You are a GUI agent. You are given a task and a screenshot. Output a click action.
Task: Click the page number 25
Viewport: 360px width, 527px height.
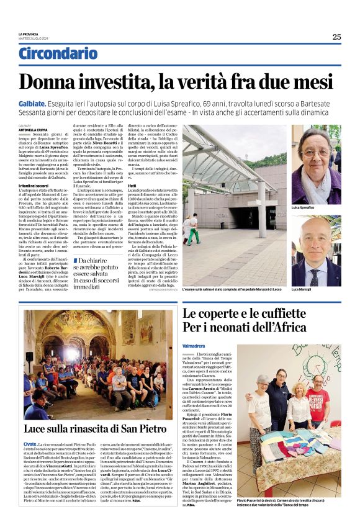336,37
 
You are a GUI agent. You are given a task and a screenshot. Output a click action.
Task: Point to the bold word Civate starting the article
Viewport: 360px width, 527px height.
30,444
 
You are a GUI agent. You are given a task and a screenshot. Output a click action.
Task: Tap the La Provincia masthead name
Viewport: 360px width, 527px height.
29,34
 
